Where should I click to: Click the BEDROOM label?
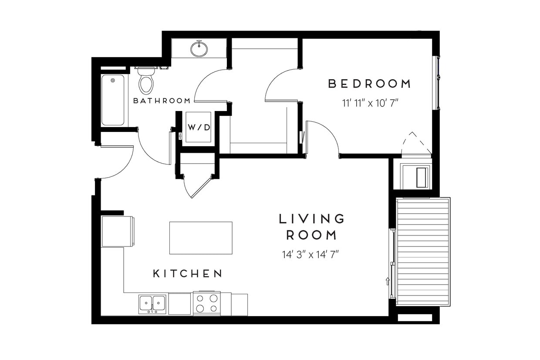369,84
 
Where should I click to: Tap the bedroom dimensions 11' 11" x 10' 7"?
370,104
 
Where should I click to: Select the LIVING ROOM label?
311,227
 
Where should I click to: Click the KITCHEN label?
188,274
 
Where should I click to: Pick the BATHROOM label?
162,101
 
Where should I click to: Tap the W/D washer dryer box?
199,127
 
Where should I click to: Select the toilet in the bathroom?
146,81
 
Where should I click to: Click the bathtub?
113,100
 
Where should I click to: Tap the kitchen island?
200,238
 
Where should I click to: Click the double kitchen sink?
152,303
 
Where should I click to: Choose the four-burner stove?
206,303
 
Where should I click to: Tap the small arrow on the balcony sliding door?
388,281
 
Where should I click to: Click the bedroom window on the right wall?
436,83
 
